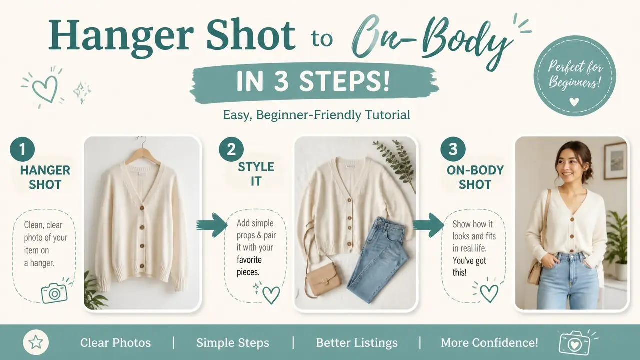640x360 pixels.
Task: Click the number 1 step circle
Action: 22,149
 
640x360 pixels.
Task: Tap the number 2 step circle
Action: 231,149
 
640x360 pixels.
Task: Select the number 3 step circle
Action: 453,149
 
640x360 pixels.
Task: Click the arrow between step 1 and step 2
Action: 211,225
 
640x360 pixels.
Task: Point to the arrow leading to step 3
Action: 428,225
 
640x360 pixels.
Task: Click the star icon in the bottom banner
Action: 36,342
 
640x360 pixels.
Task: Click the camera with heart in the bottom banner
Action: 575,344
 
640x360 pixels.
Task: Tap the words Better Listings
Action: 357,343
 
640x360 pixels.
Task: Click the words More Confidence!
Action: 489,343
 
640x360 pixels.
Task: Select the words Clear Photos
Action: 115,343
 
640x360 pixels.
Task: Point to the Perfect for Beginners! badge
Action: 575,76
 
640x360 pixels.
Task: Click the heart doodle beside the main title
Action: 45,88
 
